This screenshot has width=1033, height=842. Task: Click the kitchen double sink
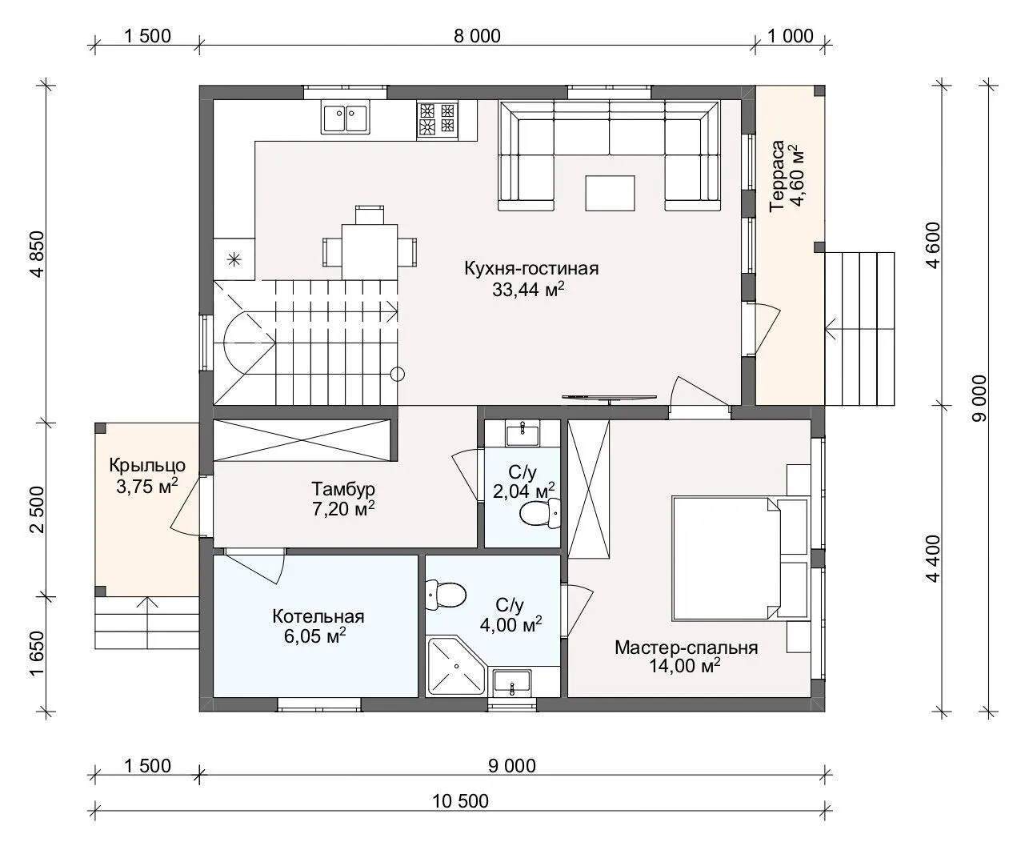[x=345, y=117]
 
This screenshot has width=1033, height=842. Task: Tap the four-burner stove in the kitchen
[x=437, y=118]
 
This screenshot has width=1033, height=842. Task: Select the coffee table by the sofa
[x=610, y=193]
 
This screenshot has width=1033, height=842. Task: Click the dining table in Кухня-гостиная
[x=370, y=252]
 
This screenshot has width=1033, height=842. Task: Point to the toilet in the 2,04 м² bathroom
[x=540, y=513]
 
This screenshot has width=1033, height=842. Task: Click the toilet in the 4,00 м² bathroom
[x=446, y=595]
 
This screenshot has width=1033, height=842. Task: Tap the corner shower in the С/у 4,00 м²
[x=456, y=666]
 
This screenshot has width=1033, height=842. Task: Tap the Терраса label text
[x=777, y=175]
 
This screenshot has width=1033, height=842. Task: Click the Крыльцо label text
[x=147, y=465]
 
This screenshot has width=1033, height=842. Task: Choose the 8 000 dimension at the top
[x=477, y=36]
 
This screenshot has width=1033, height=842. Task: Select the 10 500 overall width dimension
[x=460, y=801]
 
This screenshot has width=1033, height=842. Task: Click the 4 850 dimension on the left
[x=38, y=254]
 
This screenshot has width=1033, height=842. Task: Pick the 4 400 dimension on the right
[x=933, y=558]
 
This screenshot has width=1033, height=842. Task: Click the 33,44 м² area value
[x=528, y=290]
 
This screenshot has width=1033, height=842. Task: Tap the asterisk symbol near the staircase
[x=234, y=259]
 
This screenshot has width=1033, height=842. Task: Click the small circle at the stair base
[x=398, y=374]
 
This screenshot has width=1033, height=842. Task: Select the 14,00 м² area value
[x=684, y=666]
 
